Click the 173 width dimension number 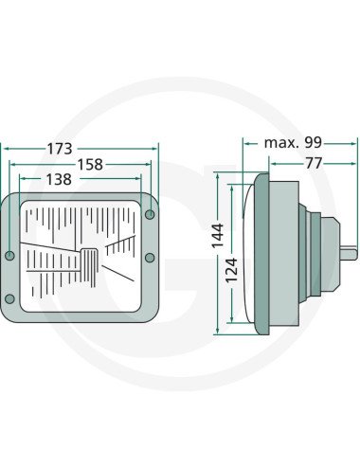point(60,149)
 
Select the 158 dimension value point(90,165)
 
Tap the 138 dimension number point(59,179)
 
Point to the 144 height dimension point(218,235)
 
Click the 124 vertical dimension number point(231,270)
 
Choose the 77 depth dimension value point(314,163)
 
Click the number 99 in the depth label point(313,143)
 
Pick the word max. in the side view point(281,143)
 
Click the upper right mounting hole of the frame point(150,215)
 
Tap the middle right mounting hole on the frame point(150,258)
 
